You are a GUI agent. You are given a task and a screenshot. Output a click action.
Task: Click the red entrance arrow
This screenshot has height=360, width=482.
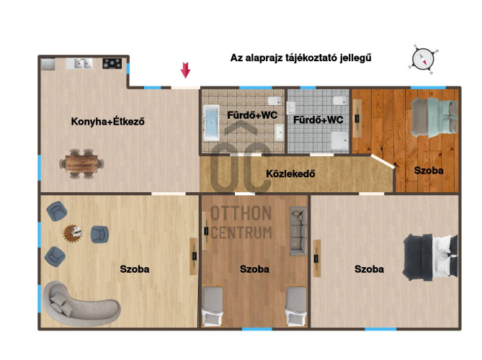point(185,70)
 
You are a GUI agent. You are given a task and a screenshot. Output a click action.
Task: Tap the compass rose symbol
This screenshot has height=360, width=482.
point(424,59)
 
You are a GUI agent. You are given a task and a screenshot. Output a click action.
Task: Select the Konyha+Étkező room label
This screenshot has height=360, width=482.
point(107,122)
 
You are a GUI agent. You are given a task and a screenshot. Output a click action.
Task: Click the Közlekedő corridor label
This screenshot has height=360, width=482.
point(290,174)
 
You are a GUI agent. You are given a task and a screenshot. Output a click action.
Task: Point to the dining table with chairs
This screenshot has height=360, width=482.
point(81,163)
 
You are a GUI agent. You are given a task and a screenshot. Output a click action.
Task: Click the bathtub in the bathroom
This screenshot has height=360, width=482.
point(211,123)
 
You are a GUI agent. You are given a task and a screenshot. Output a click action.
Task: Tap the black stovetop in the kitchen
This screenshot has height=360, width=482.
point(112,63)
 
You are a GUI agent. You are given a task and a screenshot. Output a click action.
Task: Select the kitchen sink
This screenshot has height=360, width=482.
point(79,63)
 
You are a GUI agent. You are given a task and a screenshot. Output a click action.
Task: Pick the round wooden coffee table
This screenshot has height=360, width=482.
point(73,233)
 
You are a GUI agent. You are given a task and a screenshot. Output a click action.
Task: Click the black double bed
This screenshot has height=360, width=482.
point(430,258)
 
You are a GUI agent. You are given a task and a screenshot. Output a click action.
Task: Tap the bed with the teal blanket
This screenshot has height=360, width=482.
point(434,117)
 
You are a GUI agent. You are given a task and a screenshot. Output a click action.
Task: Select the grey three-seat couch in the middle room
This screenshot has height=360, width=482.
point(298,231)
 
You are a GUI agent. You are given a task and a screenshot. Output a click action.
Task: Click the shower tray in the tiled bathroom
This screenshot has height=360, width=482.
point(340,140)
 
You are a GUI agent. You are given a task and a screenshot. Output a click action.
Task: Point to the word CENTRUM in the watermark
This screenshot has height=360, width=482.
point(241,233)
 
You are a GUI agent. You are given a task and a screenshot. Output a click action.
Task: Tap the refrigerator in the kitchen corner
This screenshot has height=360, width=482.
point(48,64)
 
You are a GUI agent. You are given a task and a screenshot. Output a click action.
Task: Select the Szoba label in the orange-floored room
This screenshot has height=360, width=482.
point(429,171)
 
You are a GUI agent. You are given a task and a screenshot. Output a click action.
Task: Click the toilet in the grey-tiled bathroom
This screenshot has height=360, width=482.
point(339,101)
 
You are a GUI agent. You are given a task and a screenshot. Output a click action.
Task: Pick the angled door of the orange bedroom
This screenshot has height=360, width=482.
point(383,161)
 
